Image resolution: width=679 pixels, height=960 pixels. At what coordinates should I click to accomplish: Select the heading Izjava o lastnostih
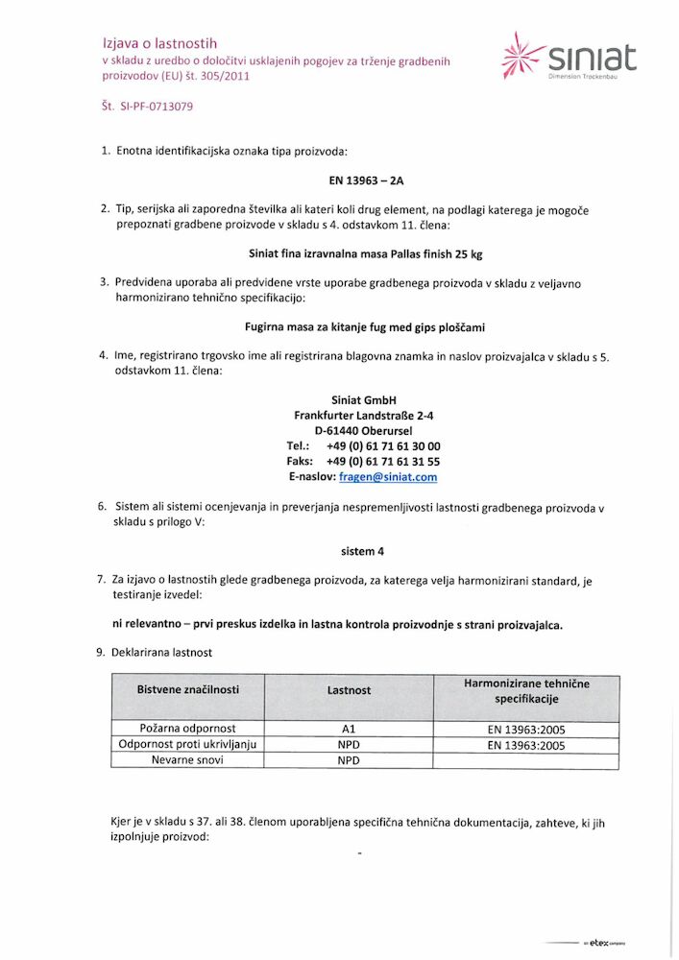(159, 43)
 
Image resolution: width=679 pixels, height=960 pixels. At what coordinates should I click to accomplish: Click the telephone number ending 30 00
(382, 445)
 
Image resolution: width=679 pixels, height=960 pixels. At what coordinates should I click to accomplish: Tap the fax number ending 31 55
(382, 461)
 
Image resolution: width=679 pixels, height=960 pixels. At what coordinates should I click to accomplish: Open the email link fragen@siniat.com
(387, 476)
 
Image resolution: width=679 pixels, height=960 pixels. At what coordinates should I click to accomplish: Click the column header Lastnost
(349, 689)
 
